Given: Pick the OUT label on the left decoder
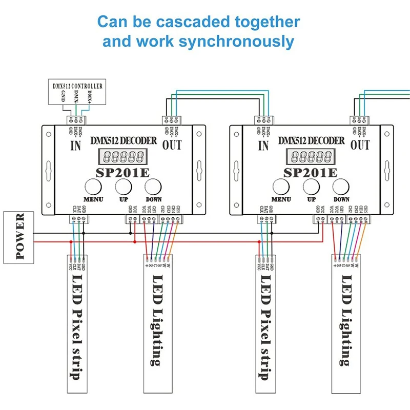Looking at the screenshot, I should click(x=172, y=146).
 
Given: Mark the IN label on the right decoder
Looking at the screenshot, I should click(x=264, y=146).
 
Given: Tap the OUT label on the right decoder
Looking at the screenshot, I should click(x=360, y=146).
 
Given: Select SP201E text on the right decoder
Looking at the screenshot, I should click(x=310, y=171).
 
